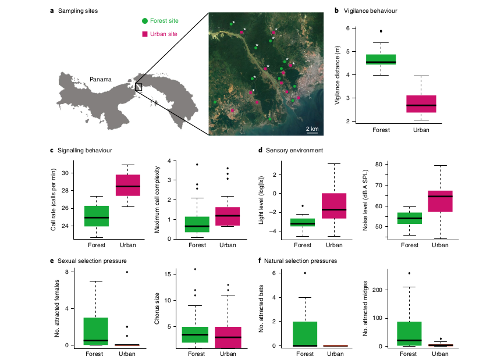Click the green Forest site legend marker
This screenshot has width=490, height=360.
[144, 21]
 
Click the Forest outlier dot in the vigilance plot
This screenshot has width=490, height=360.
[381, 31]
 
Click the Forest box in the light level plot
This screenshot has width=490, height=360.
[303, 222]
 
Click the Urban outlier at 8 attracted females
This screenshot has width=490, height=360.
[127, 272]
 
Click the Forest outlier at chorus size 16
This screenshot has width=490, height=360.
[196, 269]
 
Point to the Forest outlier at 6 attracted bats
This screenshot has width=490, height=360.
[304, 273]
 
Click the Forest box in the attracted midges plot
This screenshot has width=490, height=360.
[410, 334]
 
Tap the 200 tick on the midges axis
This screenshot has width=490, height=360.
[373, 290]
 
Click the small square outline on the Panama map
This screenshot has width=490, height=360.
[139, 87]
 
